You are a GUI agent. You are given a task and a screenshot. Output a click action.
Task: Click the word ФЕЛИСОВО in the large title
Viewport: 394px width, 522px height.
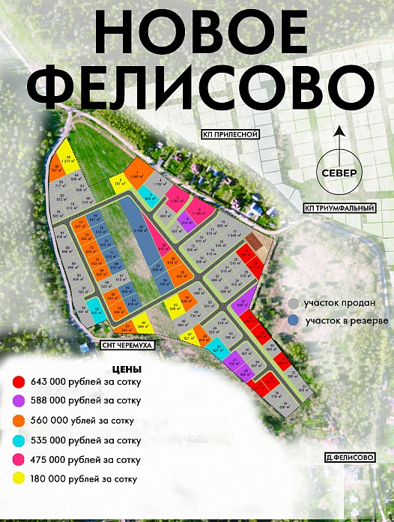[x=196, y=88]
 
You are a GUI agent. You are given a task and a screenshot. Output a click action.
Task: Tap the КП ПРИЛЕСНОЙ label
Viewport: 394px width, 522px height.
[x=229, y=134]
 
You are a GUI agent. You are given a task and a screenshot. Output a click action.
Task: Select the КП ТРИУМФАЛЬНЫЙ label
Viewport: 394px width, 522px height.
[x=333, y=207]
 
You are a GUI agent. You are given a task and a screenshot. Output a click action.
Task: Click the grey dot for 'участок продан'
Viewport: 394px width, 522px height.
[x=294, y=304]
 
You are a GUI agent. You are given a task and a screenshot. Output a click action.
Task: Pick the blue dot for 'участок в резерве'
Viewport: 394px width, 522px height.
[x=294, y=320]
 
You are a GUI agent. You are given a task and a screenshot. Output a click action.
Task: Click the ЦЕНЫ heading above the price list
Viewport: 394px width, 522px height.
[x=126, y=370]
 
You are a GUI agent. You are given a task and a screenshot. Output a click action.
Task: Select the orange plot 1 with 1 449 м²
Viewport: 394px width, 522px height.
[x=136, y=174]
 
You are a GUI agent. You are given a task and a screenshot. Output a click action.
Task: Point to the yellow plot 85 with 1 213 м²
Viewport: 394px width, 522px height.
[x=66, y=157]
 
